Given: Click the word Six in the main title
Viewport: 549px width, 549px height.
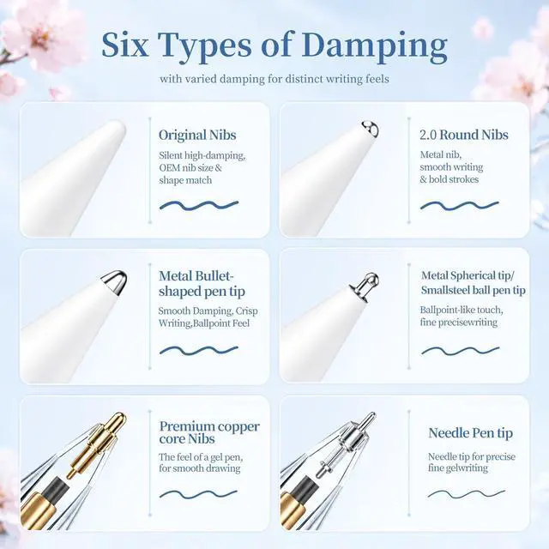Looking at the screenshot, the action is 125,45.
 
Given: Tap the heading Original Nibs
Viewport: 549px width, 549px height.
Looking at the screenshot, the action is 197,136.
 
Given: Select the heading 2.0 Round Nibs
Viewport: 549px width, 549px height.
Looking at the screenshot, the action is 464,135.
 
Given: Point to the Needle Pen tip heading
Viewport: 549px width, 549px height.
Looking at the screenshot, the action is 471,433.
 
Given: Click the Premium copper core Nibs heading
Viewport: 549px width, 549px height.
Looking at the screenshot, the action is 209,432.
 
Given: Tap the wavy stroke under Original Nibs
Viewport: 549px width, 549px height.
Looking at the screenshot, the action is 199,205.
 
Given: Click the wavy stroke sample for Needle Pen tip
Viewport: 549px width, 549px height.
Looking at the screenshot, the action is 467,494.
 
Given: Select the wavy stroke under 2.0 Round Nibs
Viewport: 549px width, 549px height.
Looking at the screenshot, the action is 460,206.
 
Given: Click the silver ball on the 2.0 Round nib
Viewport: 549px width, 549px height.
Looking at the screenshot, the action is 370,129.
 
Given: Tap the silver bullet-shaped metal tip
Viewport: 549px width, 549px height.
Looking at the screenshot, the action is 114,281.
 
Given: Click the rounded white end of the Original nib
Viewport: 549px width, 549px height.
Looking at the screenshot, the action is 118,129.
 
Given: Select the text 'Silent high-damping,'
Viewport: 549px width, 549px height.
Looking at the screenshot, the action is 202,155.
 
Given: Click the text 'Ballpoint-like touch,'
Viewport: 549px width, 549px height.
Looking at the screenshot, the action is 462,311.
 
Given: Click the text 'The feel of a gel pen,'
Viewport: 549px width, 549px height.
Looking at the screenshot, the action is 201,457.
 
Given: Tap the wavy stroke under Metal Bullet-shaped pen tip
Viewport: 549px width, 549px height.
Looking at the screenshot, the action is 199,350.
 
